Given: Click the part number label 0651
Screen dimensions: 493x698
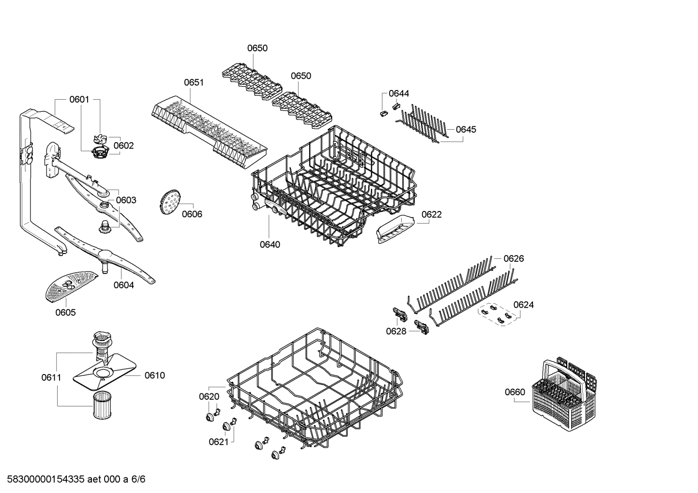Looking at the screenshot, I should tap(194, 83).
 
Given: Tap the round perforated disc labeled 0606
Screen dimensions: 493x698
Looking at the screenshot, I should tap(169, 203).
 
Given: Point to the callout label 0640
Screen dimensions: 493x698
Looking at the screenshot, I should tap(270, 244).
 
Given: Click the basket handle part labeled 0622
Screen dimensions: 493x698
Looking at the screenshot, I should tap(395, 228).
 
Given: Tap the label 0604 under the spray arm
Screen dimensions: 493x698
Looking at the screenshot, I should tap(123, 285).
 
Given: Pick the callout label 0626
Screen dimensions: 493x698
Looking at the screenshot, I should tap(514, 259).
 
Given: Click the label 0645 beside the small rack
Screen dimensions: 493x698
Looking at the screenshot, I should tap(466, 129).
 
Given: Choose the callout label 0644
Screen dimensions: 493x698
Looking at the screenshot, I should tap(399, 93).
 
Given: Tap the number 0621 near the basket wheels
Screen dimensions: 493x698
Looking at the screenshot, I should tap(218, 442).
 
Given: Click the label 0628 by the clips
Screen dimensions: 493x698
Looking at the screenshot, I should tap(396, 331).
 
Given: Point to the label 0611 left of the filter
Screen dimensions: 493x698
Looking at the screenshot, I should tap(51, 377).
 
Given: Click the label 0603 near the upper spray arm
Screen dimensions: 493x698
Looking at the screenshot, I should tap(126, 200).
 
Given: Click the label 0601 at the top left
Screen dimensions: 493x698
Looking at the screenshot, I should tap(79, 100).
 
